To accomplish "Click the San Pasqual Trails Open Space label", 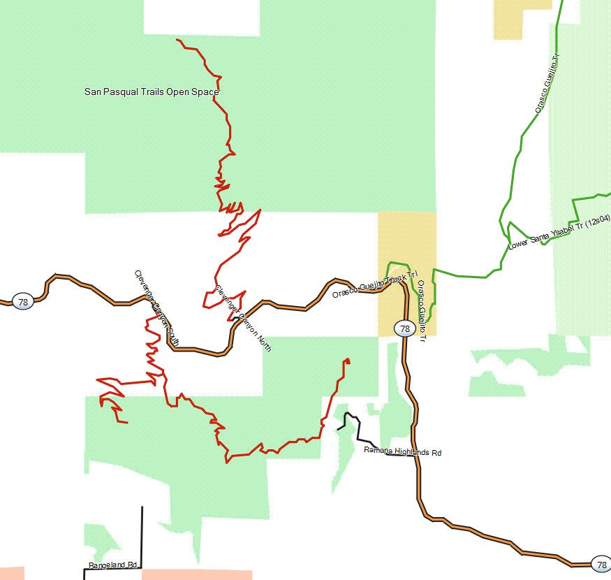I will click(x=152, y=92).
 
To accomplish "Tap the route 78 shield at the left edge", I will click(x=22, y=302).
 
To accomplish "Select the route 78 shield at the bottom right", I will click(x=600, y=564).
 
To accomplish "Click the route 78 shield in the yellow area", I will click(x=404, y=328).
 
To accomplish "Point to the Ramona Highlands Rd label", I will click(x=403, y=452).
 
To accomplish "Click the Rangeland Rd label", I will click(x=112, y=565).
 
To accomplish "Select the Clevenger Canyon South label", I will click(x=156, y=308).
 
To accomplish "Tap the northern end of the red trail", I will click(x=177, y=40).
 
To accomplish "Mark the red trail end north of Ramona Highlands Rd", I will click(x=347, y=361).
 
